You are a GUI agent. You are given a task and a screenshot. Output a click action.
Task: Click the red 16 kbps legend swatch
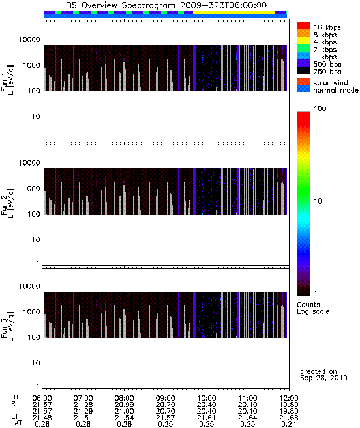304,25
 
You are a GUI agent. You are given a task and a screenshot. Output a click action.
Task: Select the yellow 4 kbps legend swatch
304,40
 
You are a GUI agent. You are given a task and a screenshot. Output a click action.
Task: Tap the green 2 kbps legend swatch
304,48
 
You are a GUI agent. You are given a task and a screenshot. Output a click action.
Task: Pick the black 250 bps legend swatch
304,70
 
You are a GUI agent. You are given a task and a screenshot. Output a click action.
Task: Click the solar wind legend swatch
304,82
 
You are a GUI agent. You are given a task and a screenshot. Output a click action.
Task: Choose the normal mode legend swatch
304,89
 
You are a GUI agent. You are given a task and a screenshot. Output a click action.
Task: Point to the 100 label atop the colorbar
320,109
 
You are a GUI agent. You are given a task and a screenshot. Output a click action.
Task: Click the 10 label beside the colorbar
318,201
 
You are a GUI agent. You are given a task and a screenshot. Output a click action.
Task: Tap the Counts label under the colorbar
308,305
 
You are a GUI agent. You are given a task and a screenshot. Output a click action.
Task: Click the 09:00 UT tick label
166,398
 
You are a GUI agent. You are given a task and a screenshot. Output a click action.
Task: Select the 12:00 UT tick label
289,398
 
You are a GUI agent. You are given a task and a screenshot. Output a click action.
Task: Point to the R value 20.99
124,405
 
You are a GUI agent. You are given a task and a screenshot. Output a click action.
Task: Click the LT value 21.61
206,418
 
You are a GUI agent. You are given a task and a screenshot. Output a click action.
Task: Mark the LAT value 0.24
289,424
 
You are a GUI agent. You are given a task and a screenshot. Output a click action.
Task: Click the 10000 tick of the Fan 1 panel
29,40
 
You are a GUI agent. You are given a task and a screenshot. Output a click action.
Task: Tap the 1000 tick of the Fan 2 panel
31,189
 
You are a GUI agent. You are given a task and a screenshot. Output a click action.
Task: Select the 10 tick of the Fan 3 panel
36,363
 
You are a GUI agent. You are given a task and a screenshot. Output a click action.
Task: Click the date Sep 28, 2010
323,378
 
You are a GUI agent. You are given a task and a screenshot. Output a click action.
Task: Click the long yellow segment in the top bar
233,12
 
